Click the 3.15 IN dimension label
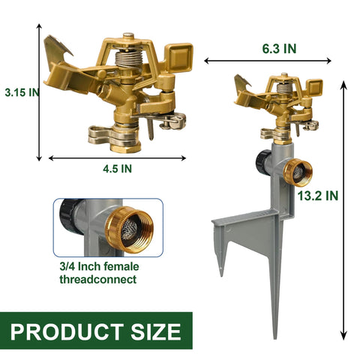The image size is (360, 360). click(x=22, y=92)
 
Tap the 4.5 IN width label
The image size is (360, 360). click(x=117, y=169)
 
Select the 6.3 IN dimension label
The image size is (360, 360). click(x=279, y=49)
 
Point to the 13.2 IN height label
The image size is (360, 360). click(x=318, y=196)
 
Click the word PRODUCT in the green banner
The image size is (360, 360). click(x=67, y=331)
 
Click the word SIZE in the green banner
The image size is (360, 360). click(x=156, y=331)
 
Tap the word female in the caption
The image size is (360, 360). click(x=121, y=266)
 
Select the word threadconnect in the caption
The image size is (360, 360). click(x=98, y=279)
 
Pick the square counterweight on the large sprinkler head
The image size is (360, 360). click(x=179, y=57)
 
